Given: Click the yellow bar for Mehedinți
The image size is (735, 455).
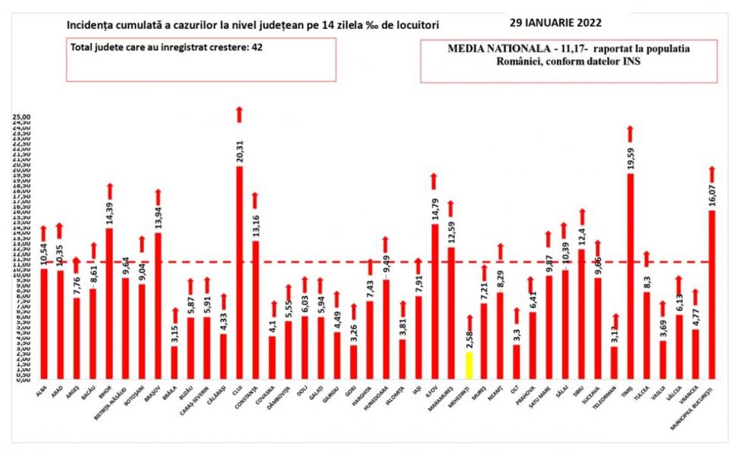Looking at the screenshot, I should coord(468,365).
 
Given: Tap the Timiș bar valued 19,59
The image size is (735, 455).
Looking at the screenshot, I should coord(630,276).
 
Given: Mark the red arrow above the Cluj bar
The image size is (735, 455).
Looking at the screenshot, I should coord(239,114).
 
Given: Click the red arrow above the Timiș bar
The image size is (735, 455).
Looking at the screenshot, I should coord(630,134).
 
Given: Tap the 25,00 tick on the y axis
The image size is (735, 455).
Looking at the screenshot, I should coord(21,118).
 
